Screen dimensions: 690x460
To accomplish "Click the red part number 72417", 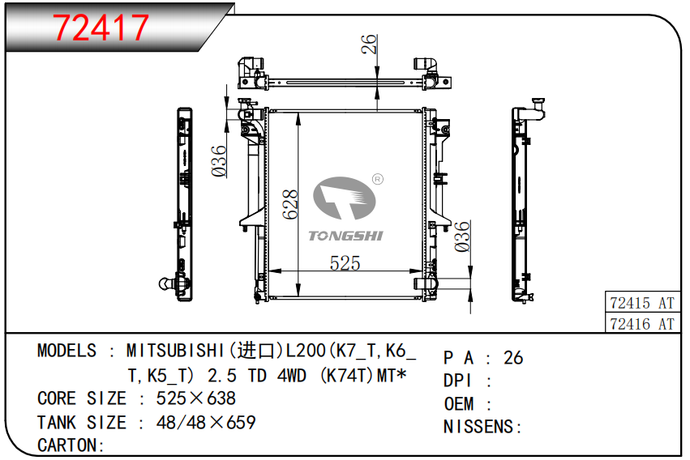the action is pyautogui.click(x=101, y=28).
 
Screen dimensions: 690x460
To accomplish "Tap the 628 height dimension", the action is pyautogui.click(x=290, y=204).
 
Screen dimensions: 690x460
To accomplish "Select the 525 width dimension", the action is pyautogui.click(x=345, y=263).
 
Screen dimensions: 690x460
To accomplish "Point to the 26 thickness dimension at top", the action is pyautogui.click(x=369, y=45).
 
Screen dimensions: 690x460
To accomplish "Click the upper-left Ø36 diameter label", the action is pyautogui.click(x=219, y=161).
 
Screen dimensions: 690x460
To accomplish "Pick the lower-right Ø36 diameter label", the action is pyautogui.click(x=462, y=236).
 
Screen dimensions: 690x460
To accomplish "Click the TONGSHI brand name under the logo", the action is pyautogui.click(x=346, y=236).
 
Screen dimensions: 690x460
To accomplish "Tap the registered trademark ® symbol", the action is pyautogui.click(x=378, y=179).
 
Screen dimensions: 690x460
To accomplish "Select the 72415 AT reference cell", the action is pyautogui.click(x=642, y=303).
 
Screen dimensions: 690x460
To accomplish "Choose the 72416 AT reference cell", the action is pyautogui.click(x=642, y=324).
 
